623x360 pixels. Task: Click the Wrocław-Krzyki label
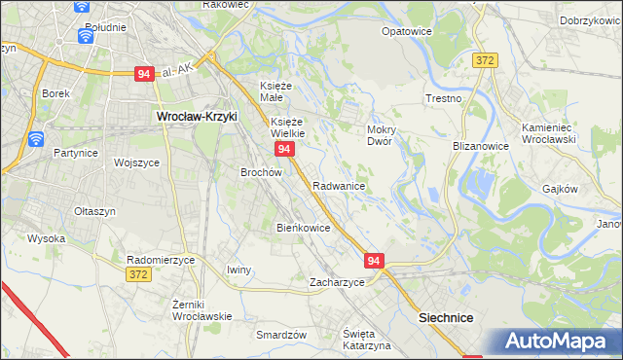coord(198,117)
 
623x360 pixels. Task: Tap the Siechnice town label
coord(446,317)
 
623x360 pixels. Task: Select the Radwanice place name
coord(339,185)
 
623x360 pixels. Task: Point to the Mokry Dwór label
coord(380,134)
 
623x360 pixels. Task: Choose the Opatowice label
coord(407,30)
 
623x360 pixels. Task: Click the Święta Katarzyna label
coord(366,340)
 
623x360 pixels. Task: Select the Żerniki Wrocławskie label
coord(202,309)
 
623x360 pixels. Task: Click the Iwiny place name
coord(238,270)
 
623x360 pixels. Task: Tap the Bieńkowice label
coord(304,228)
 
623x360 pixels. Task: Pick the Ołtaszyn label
coord(95,210)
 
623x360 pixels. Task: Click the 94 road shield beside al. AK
coord(144,74)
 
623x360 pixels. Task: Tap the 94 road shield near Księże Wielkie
coord(284,149)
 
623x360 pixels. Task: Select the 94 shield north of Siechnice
coord(376,261)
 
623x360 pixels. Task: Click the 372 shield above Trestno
coord(486,60)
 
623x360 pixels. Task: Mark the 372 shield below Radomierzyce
coord(138,276)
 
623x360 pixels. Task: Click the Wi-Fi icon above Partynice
coord(35,138)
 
